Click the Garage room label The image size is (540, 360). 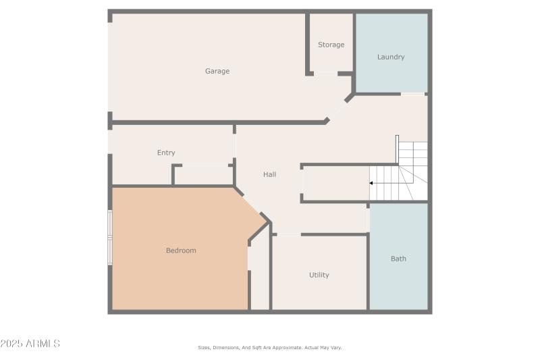(217, 71)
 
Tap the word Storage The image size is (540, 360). (331, 45)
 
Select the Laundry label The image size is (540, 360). (391, 57)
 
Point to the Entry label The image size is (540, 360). (166, 153)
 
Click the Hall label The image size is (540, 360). (269, 174)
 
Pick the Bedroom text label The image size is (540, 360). (181, 251)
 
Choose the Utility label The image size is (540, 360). (319, 275)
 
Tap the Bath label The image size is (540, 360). (398, 259)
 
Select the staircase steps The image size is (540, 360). (405, 173)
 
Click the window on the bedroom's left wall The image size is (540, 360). (110, 236)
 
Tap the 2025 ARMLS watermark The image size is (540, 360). (30, 344)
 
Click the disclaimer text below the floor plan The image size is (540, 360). (270, 347)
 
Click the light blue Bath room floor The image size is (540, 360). (398, 284)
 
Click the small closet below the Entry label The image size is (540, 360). (202, 175)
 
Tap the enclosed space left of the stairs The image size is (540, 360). (335, 183)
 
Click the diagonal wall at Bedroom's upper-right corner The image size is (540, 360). (250, 203)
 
